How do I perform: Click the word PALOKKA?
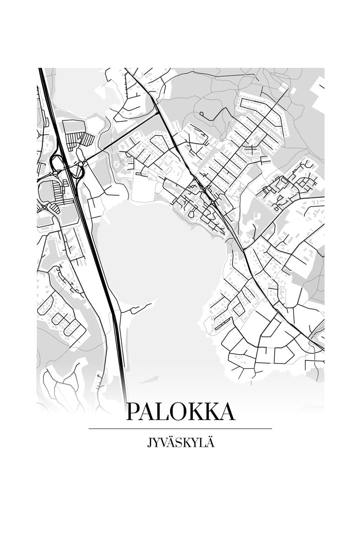click(180, 412)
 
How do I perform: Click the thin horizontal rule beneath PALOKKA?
click(180, 429)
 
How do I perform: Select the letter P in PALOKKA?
click(133, 412)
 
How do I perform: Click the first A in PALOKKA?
click(148, 412)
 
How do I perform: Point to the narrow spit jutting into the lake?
click(133, 309)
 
